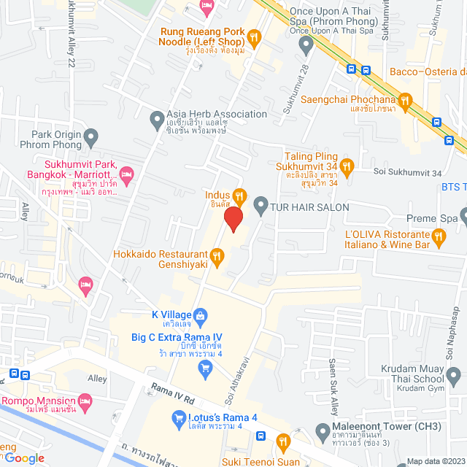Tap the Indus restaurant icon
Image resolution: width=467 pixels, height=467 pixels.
[239, 196]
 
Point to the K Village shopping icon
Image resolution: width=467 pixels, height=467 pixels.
[202, 315]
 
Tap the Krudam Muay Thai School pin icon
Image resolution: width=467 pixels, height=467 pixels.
[453, 377]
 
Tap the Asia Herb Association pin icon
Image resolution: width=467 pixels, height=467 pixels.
[156, 117]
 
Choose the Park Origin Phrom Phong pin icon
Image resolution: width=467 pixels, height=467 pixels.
[90, 136]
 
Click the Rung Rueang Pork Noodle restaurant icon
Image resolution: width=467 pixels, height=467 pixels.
[253, 36]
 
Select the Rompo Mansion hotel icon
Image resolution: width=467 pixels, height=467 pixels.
[85, 401]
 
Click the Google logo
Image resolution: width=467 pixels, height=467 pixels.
[24, 458]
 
